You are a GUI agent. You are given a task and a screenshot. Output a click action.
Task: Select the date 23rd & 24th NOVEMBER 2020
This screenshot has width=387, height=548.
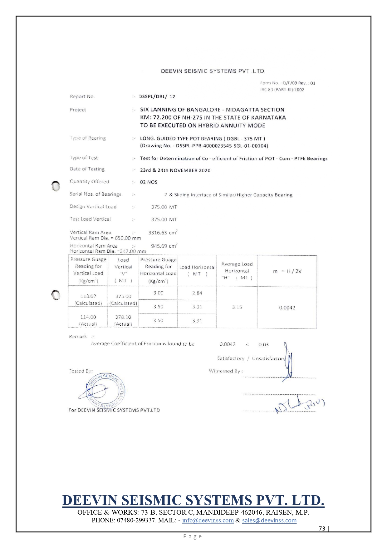pos(175,170)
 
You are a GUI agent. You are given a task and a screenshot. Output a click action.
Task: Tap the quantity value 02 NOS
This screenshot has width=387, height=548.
pos(149,182)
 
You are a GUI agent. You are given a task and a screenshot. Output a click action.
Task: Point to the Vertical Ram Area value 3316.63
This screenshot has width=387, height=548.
pos(159,233)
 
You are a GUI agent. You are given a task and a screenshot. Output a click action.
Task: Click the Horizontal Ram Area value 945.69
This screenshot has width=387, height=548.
pos(159,246)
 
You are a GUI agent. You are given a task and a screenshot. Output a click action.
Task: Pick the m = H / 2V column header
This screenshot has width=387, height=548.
pos(287,271)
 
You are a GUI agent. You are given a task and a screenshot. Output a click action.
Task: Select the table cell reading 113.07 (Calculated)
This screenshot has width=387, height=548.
pos(88,299)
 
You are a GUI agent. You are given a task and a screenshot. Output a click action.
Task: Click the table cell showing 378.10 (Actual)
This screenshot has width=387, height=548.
pos(123,320)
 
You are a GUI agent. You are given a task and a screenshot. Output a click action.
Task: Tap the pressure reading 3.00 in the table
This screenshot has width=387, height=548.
pos(158,293)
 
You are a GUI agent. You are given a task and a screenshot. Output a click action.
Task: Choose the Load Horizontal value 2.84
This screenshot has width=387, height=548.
pos(197,293)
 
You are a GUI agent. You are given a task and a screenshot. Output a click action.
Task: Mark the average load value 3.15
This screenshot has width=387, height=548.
pos(237,307)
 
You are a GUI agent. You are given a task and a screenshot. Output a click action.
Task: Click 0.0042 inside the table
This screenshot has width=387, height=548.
pos(287,308)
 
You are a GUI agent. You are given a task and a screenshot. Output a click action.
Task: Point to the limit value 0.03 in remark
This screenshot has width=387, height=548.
pos(263,344)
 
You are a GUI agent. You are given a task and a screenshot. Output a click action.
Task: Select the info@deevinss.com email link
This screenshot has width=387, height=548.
pos(208,521)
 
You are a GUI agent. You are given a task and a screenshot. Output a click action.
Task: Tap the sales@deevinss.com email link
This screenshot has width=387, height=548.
pos(269,521)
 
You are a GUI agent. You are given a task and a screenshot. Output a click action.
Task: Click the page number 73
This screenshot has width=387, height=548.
pos(322,528)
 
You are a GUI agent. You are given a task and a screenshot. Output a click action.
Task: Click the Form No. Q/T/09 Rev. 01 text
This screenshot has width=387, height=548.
pos(288,83)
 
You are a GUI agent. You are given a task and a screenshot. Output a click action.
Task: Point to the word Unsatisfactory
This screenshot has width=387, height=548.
pos(268,358)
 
